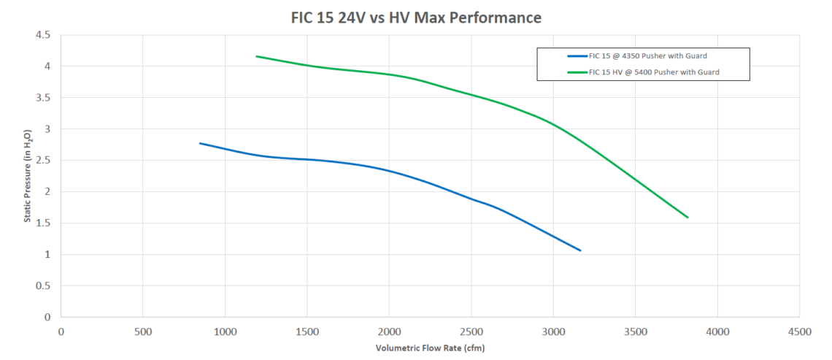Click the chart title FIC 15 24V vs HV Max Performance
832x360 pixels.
pos(416,16)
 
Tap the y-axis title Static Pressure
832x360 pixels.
pos(27,176)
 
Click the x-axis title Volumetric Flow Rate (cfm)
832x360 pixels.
pos(430,348)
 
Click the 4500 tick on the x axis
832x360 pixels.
pos(800,332)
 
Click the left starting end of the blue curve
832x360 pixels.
pos(200,143)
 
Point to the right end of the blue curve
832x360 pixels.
pos(580,250)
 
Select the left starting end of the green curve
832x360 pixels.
pos(256,56)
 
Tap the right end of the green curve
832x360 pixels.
pos(687,217)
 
